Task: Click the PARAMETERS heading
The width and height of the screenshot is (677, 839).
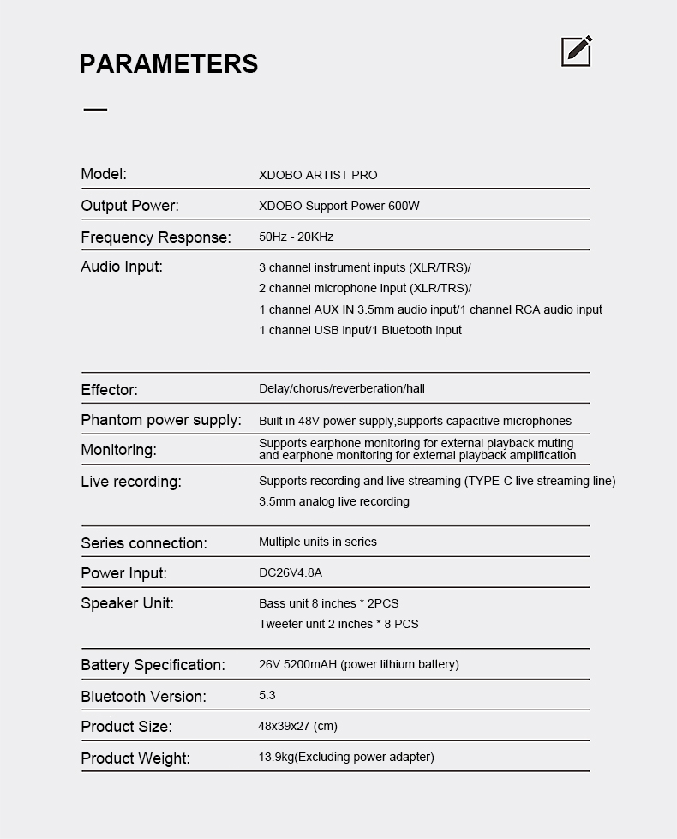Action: (168, 64)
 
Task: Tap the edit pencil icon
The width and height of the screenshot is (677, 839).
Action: (577, 51)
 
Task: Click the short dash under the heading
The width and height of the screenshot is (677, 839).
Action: (95, 110)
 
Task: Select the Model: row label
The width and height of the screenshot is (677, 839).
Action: (104, 174)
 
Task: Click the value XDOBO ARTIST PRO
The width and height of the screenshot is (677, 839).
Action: (318, 175)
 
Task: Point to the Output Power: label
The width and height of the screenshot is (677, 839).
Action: (129, 206)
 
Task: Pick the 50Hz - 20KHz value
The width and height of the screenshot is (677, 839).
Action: (296, 237)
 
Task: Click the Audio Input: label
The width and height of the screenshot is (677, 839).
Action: (122, 267)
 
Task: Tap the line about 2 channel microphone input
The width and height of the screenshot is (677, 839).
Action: (365, 289)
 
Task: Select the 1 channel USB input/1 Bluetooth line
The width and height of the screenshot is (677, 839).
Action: (360, 330)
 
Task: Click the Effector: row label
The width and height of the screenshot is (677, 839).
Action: (109, 390)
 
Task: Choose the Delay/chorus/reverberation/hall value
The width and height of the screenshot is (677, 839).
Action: (342, 388)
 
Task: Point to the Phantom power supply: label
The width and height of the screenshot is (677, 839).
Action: (161, 420)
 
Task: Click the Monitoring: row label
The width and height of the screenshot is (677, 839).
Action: (118, 450)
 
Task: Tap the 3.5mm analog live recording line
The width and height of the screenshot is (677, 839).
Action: (334, 501)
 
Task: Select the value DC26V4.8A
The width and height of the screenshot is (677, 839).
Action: (291, 572)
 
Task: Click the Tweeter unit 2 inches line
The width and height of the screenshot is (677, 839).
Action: (338, 624)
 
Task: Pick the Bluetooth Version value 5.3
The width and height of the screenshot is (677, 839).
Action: (267, 695)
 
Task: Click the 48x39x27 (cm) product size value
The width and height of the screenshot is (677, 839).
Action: (297, 726)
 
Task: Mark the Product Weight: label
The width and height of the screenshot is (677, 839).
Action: (135, 758)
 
